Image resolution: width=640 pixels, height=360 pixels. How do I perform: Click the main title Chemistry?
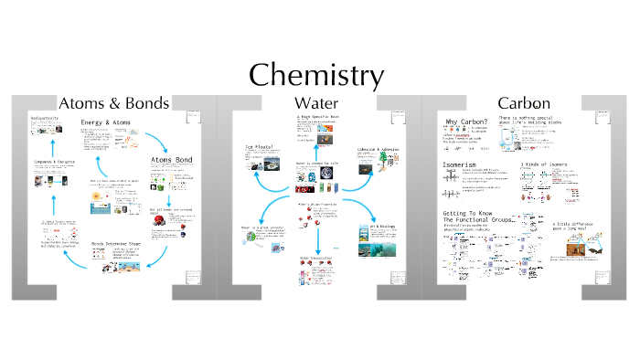pos(316,74)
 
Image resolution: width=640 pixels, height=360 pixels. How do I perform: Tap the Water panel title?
pos(316,103)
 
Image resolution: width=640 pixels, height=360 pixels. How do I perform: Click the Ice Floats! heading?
pos(261,145)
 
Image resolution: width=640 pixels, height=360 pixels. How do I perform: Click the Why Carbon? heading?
pos(464,123)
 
